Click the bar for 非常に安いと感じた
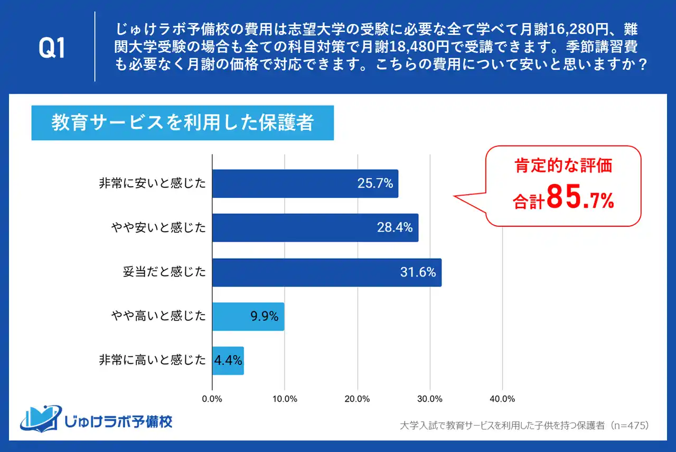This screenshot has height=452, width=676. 305,183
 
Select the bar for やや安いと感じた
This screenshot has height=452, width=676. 315,228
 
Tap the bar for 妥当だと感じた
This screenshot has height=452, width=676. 326,272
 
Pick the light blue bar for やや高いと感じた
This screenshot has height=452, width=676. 248,317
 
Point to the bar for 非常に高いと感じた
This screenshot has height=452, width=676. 228,361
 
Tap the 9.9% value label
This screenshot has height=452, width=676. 264,317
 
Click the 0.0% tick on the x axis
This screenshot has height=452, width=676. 212,398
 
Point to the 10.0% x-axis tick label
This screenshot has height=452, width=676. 285,398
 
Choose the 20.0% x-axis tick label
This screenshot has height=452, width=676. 358,398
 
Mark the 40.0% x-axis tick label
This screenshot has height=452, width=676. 502,398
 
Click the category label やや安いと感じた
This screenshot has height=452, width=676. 158,228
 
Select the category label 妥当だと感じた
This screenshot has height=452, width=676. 164,272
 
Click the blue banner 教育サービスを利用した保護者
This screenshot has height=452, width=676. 182,123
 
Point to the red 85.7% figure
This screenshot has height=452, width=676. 580,198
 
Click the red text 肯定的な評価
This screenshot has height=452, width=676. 563,165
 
